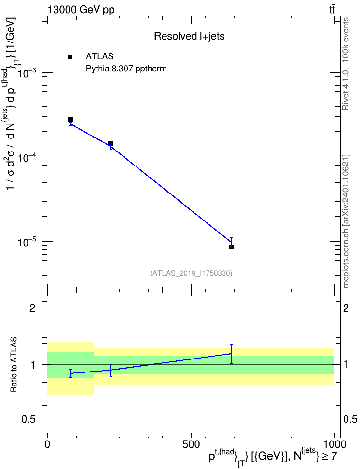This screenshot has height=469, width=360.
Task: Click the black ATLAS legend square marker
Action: (70, 56)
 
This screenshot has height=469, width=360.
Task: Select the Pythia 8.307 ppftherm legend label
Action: (126, 69)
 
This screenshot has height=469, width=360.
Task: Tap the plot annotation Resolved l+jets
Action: (189, 36)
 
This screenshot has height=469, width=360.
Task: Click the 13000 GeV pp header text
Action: (81, 10)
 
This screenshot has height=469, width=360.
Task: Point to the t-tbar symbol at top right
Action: (332, 10)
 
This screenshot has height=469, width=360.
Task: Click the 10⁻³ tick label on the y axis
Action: (28, 73)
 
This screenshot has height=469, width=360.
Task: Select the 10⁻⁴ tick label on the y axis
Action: (28, 157)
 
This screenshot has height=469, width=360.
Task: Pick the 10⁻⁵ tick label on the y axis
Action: (28, 241)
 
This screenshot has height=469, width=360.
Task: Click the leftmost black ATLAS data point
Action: (70, 120)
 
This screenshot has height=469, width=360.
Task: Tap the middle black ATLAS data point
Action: (111, 143)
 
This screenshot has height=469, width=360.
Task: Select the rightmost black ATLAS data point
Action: (231, 247)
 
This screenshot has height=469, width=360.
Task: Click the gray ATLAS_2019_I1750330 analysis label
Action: (191, 273)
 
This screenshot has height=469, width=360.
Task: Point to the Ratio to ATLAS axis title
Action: (14, 364)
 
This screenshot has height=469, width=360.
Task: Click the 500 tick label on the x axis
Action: (191, 444)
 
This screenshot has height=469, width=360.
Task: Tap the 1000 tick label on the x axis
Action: (334, 444)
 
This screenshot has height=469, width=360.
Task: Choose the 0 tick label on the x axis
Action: (47, 444)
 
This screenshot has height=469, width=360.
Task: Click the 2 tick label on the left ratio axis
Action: (32, 308)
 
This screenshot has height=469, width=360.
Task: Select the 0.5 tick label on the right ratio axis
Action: (350, 419)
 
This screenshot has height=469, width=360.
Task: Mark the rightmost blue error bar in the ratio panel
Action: (231, 354)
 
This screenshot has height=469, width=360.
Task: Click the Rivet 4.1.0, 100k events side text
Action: (346, 64)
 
